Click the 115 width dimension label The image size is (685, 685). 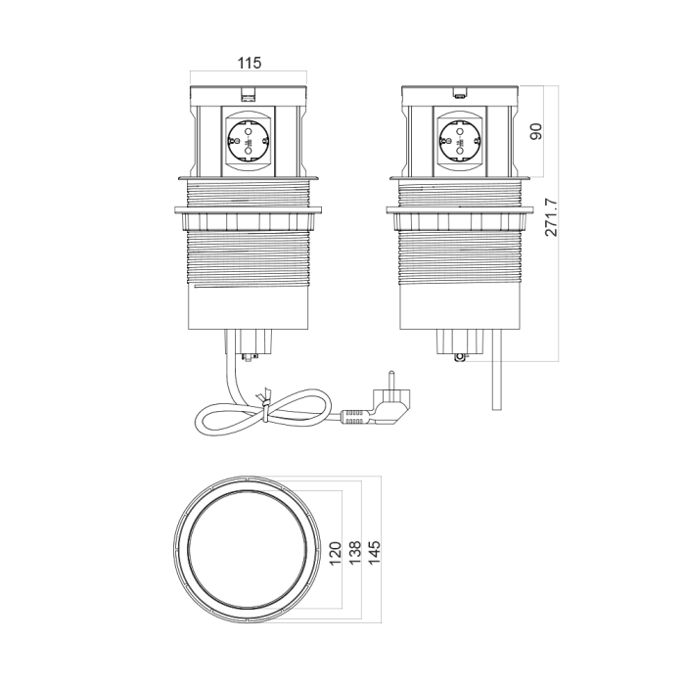[x=249, y=63]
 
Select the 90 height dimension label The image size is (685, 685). [x=535, y=131]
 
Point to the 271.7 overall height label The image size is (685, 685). [x=551, y=217]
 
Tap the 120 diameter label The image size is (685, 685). [x=335, y=553]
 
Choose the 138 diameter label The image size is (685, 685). [x=354, y=552]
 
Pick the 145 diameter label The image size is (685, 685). [x=375, y=552]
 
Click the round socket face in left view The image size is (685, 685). [x=249, y=141]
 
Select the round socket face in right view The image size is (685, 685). [x=459, y=141]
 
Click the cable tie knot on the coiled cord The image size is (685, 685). [x=265, y=403]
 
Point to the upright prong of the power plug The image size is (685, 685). [x=391, y=380]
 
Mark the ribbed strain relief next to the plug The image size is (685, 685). [x=354, y=416]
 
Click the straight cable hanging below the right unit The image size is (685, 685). [x=497, y=370]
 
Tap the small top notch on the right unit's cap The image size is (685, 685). [x=459, y=94]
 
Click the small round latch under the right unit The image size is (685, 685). [x=458, y=357]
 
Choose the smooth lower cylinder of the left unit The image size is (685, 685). [x=249, y=307]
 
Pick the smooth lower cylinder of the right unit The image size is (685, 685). [x=460, y=307]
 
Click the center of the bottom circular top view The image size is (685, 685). [x=248, y=548]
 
